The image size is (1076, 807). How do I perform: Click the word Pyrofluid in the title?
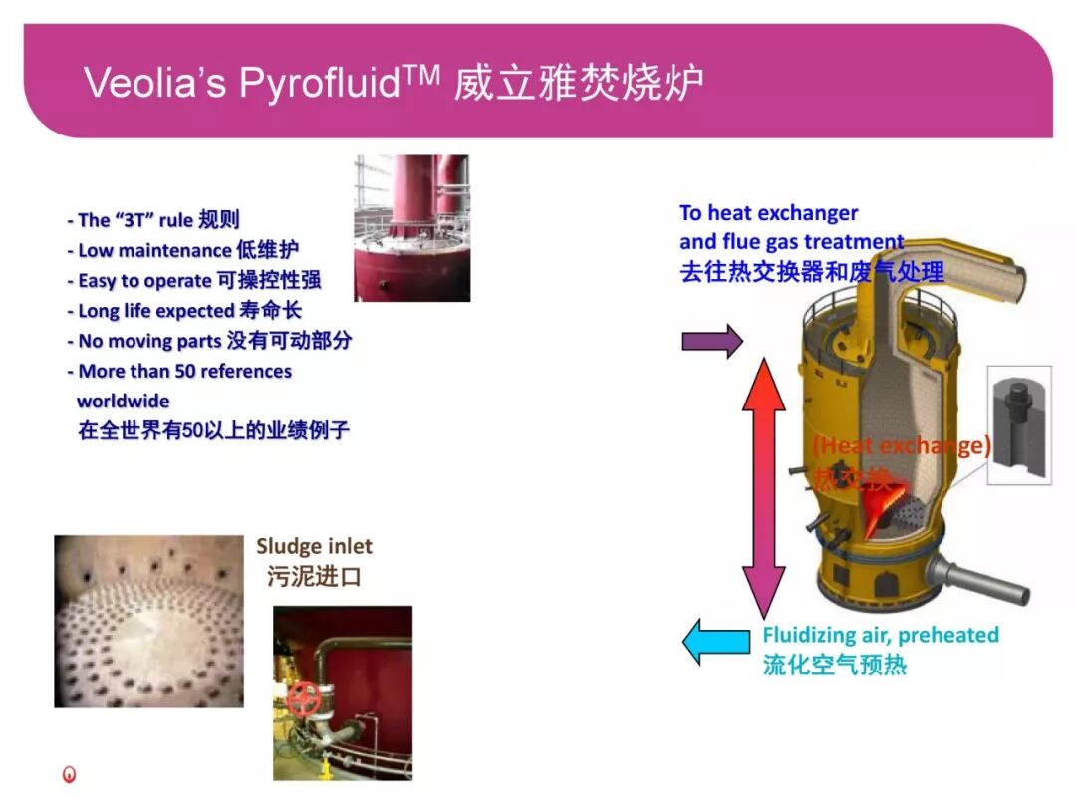pyautogui.click(x=319, y=83)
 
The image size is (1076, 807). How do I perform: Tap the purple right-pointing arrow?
pyautogui.click(x=711, y=341)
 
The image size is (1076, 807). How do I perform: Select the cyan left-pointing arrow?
pyautogui.click(x=715, y=641)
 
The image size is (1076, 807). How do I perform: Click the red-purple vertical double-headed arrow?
pyautogui.click(x=763, y=488)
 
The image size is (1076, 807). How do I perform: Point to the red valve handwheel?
pyautogui.click(x=303, y=699)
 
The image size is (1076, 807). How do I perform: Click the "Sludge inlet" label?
pyautogui.click(x=314, y=546)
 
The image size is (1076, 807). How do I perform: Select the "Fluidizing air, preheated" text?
pyautogui.click(x=881, y=635)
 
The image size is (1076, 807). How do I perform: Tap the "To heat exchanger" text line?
pyautogui.click(x=768, y=213)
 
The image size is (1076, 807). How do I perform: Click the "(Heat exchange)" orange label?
pyautogui.click(x=901, y=445)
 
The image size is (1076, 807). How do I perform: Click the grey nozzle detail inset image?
pyautogui.click(x=1018, y=424)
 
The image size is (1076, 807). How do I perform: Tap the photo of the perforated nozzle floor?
pyautogui.click(x=148, y=621)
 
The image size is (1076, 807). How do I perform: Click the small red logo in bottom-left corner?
pyautogui.click(x=69, y=774)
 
